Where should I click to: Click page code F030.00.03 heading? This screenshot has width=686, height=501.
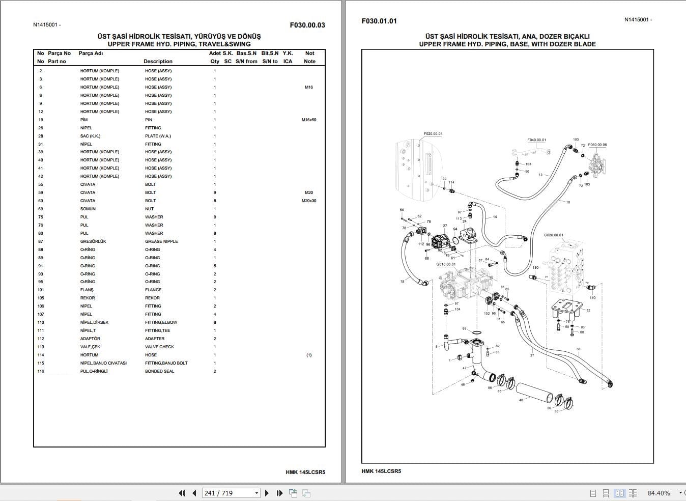coord(307,25)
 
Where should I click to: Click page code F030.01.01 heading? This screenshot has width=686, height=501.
coord(379,21)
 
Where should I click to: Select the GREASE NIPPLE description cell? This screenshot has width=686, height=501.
coord(161,241)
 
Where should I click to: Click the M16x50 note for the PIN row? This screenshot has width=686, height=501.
coord(309,120)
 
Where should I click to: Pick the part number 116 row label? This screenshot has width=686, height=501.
coord(41,371)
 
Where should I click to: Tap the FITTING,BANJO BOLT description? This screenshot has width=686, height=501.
coord(166,363)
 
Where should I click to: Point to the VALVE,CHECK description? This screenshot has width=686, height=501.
coord(159,347)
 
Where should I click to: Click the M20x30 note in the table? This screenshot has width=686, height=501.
coord(309,201)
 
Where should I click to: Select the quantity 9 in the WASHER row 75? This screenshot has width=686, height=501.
coord(215,217)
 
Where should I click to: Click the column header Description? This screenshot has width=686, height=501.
coord(158,61)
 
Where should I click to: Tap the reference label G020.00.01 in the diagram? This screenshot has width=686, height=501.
coord(553,235)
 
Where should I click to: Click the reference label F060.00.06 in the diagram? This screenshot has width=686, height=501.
coord(597,145)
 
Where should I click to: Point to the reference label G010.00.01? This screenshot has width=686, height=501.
coord(446,264)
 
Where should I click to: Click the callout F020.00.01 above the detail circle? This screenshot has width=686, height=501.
coord(433,134)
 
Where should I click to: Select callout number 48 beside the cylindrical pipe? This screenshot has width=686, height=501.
coord(521,400)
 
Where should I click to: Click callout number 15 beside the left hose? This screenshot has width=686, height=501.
coord(402,282)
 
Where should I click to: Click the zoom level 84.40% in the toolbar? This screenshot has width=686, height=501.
coord(658,493)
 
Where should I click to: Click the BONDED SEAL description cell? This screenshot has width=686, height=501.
coord(159,371)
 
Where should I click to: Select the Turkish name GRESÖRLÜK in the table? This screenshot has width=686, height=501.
coord(93,241)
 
